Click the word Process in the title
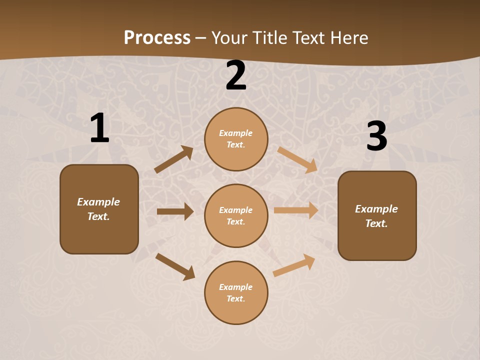point(157,38)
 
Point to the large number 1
point(99,128)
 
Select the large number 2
point(236,75)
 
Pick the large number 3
point(376,136)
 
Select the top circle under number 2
point(236,139)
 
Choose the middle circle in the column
point(236,215)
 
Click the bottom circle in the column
point(236,292)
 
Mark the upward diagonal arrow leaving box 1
point(174,159)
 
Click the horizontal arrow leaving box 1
point(175,211)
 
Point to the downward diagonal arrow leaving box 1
point(175,266)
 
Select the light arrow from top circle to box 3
point(297,159)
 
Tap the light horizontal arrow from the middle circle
point(296,210)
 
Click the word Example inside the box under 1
point(98,202)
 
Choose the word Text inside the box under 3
point(376,223)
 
